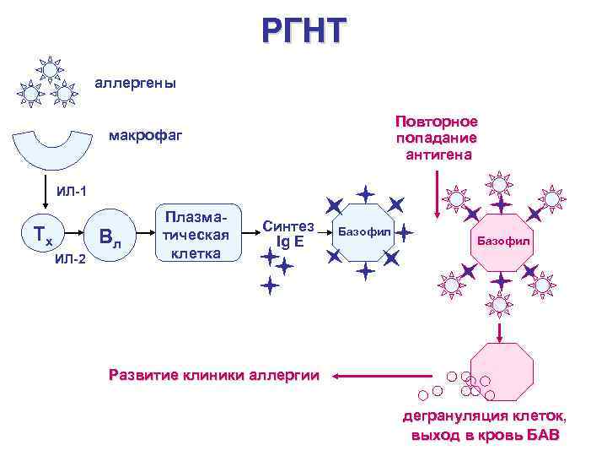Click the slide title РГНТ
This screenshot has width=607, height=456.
pyautogui.click(x=303, y=31)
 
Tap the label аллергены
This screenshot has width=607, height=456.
pyautogui.click(x=135, y=84)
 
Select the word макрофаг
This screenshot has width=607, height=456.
pyautogui.click(x=147, y=136)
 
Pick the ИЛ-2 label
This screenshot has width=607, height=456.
pyautogui.click(x=69, y=258)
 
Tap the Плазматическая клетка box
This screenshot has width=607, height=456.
pyautogui.click(x=200, y=231)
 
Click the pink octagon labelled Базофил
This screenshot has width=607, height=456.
pyautogui.click(x=503, y=242)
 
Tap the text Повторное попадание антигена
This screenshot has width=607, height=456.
pyautogui.click(x=437, y=138)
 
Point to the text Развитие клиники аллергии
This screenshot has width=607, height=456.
pyautogui.click(x=214, y=375)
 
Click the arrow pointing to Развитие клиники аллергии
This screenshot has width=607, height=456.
pyautogui.click(x=379, y=375)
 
